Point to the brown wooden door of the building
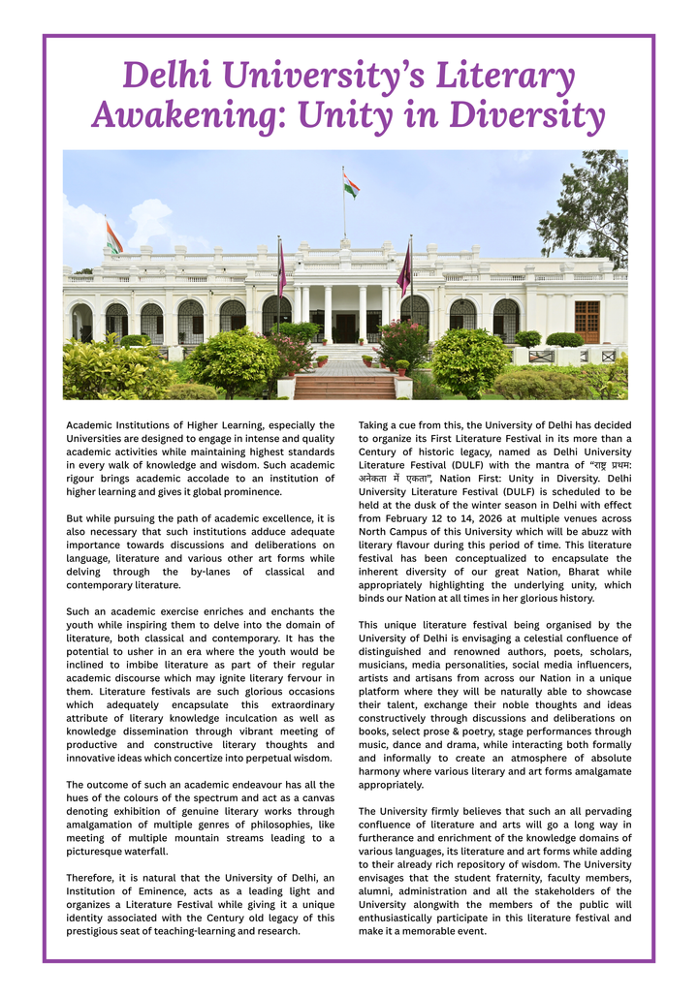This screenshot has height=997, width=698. pyautogui.click(x=587, y=322)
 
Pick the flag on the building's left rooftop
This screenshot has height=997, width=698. pyautogui.click(x=114, y=236)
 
